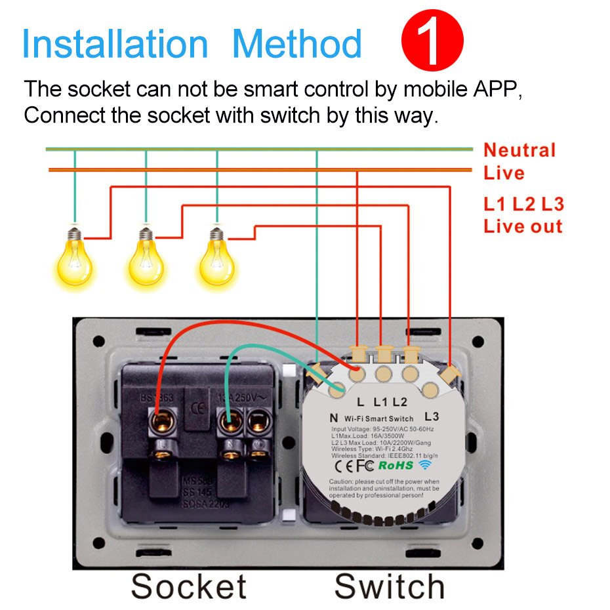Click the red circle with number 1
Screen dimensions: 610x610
432,41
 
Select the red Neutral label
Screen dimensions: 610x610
519,150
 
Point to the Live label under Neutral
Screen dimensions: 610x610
504,173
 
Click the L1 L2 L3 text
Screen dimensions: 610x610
523,204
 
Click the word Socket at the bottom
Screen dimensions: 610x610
189,586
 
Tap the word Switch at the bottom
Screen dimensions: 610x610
390,586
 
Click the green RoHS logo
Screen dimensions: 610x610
396,465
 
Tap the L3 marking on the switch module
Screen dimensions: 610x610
431,415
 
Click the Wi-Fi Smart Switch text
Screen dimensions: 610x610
380,418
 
